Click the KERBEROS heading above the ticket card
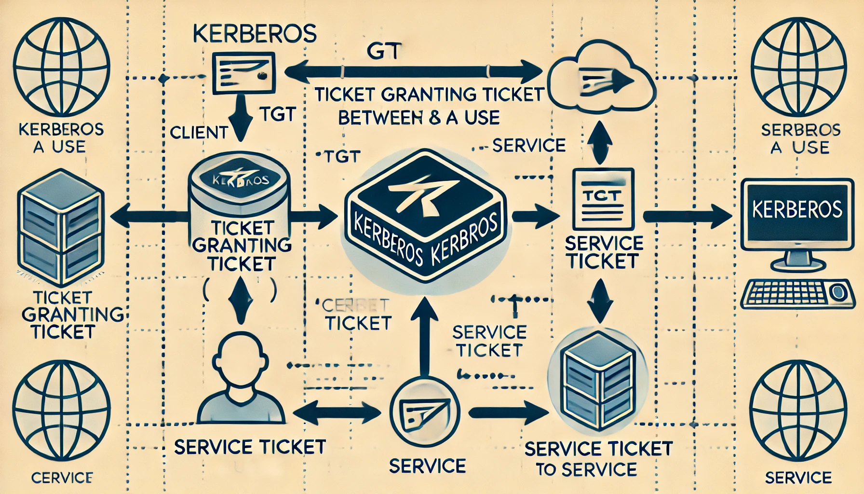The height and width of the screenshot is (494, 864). (254, 35)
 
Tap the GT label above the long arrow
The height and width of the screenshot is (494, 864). (384, 52)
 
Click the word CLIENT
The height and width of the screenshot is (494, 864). (199, 132)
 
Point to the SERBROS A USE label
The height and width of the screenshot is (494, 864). (801, 138)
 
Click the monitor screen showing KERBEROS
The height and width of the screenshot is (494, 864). (796, 210)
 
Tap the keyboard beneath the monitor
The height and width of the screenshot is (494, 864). (796, 294)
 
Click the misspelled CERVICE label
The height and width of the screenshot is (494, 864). (61, 478)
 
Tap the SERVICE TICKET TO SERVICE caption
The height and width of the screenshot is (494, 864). (598, 458)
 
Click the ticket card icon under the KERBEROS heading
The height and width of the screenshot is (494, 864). (243, 73)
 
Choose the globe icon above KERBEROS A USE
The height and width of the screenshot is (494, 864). (61, 65)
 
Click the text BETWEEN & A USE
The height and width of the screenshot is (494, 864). (418, 118)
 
